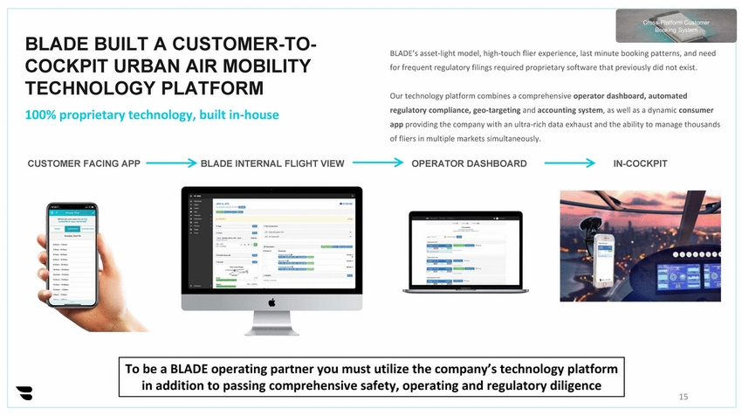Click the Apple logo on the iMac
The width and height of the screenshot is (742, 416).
[x=271, y=302]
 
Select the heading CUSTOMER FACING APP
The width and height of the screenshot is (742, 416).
[x=84, y=163]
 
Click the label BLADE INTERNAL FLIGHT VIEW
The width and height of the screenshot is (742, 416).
[x=272, y=163]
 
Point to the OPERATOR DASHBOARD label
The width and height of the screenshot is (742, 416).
[x=469, y=163]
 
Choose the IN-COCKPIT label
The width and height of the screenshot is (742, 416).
[x=640, y=163]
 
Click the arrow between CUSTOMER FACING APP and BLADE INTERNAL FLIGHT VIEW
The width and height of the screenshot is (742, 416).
[x=170, y=163]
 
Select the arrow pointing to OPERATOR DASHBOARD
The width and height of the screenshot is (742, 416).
[x=377, y=163]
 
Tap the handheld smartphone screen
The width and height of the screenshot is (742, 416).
[x=72, y=253]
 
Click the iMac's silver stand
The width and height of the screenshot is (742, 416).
[x=271, y=323]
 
